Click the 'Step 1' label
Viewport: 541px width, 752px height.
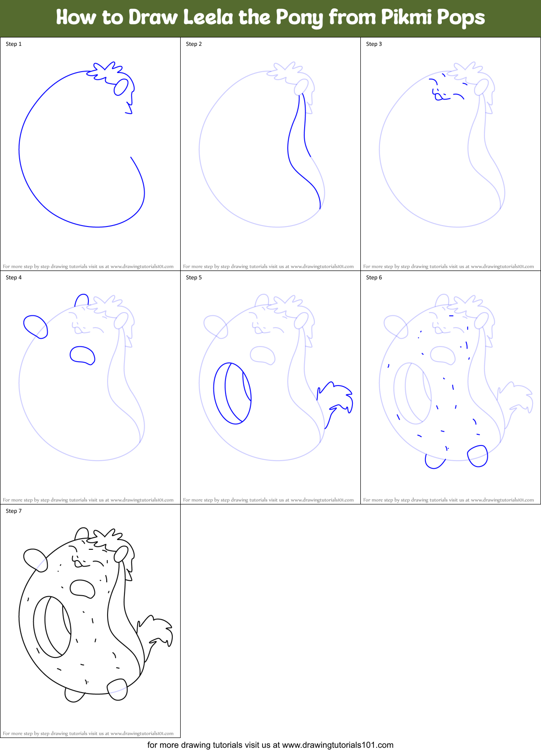pos(14,44)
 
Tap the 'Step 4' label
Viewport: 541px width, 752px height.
pos(14,277)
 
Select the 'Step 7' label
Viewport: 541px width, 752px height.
pos(14,511)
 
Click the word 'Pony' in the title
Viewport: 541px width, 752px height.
pos(299,18)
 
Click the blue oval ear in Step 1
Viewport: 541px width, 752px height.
pos(121,87)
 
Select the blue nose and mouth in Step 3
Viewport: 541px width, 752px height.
pos(439,96)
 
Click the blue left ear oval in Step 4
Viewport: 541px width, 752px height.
pos(36,326)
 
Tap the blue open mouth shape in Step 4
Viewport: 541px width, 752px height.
pos(82,355)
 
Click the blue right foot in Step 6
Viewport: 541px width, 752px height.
pos(478,456)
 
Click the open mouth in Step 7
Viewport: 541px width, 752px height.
pos(82,588)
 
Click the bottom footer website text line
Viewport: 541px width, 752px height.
pos(270,745)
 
